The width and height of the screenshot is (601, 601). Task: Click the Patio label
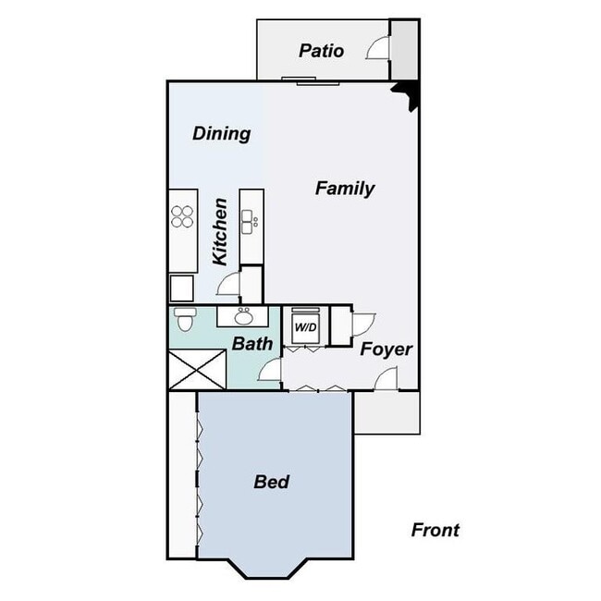[x=322, y=51]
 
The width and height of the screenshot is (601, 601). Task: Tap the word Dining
[x=221, y=134]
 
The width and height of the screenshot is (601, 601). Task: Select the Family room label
[x=345, y=189]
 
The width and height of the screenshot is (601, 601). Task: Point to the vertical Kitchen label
[x=220, y=231]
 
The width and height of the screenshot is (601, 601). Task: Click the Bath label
[x=252, y=344]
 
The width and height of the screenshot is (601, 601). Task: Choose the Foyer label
[x=386, y=350]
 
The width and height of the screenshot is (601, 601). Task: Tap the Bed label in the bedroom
[x=272, y=482]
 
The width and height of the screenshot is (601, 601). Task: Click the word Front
[x=435, y=530]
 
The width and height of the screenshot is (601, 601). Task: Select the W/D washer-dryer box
[x=304, y=327]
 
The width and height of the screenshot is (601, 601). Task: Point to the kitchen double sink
[x=249, y=221]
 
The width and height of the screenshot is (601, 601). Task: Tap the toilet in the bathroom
[x=184, y=321]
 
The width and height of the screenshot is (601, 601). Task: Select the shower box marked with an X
[x=198, y=370]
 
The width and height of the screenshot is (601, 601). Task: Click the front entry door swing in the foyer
[x=386, y=378]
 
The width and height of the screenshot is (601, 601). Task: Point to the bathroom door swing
[x=270, y=373]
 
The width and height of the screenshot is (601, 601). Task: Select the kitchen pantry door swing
[x=228, y=284]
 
